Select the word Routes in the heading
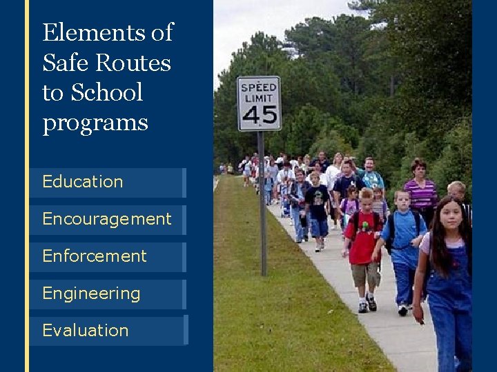133,63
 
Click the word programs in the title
95,123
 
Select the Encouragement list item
106,220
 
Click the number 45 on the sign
259,115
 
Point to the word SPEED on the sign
259,88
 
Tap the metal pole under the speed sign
262,207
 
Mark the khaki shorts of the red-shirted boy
364,275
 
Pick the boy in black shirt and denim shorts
317,207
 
